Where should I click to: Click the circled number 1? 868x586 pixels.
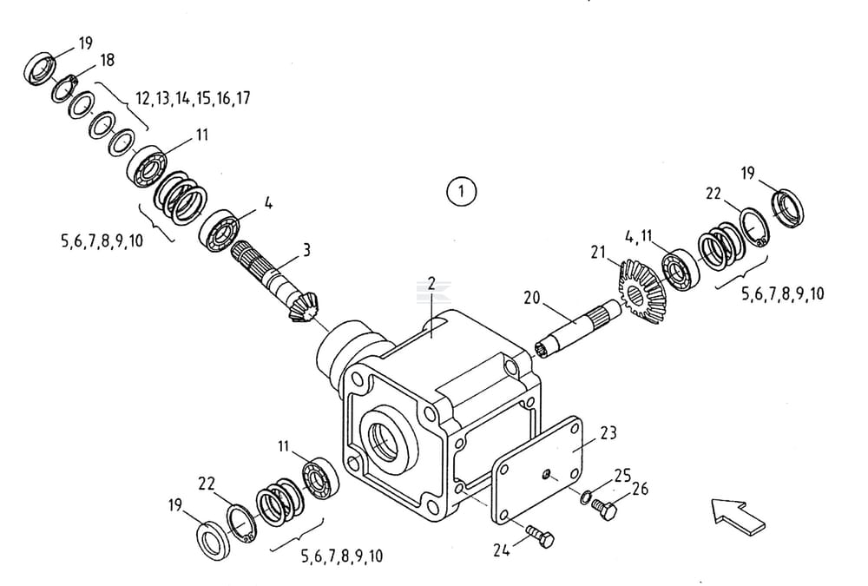point(462,190)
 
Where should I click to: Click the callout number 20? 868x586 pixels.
point(532,297)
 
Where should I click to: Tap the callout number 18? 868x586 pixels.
point(107,60)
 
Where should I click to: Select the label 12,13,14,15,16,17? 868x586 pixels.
point(193,98)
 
